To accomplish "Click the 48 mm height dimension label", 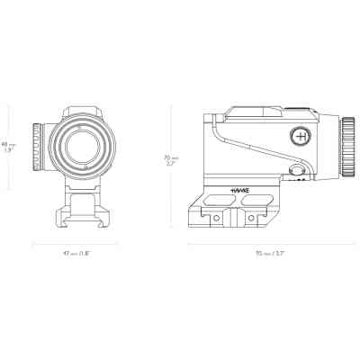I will [x=7, y=146].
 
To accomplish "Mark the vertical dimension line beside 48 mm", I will [x=19, y=146].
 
